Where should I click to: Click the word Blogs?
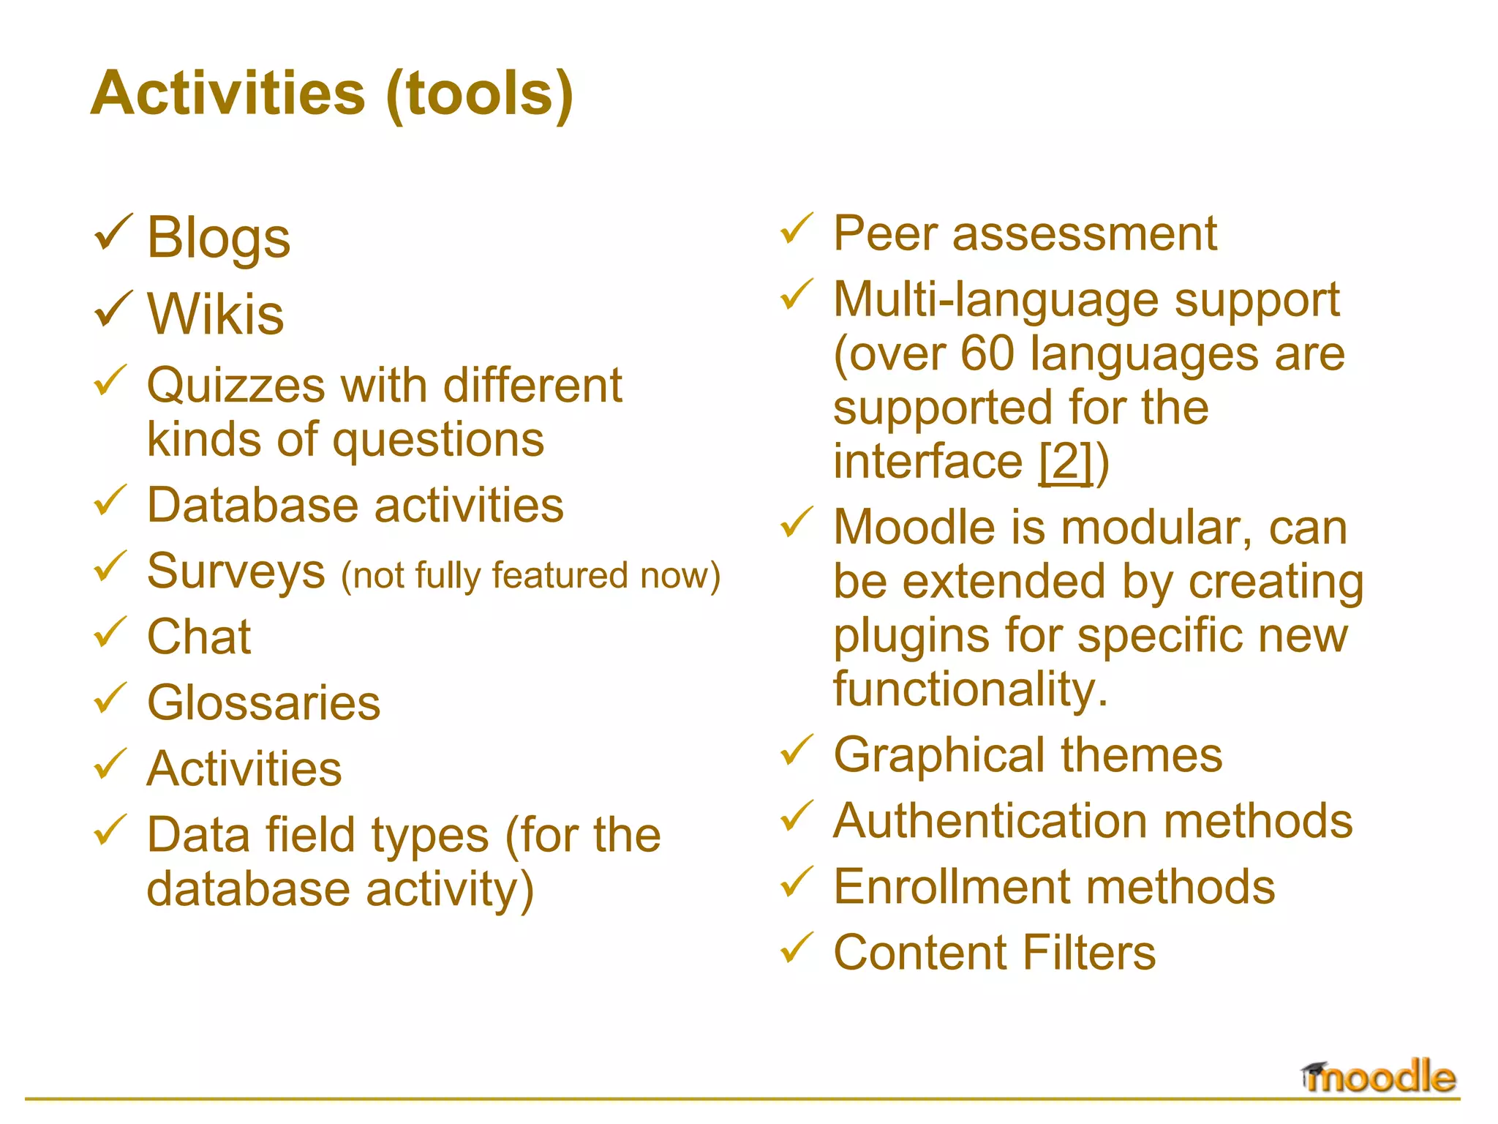click(x=218, y=239)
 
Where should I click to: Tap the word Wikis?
click(x=215, y=315)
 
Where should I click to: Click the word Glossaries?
click(x=263, y=703)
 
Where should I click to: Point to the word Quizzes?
click(x=236, y=386)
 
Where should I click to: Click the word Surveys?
click(x=236, y=572)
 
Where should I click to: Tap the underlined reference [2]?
click(x=1066, y=462)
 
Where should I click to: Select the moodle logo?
click(x=1379, y=1077)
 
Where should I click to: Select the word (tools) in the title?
click(x=479, y=94)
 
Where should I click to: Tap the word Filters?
click(x=1089, y=953)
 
